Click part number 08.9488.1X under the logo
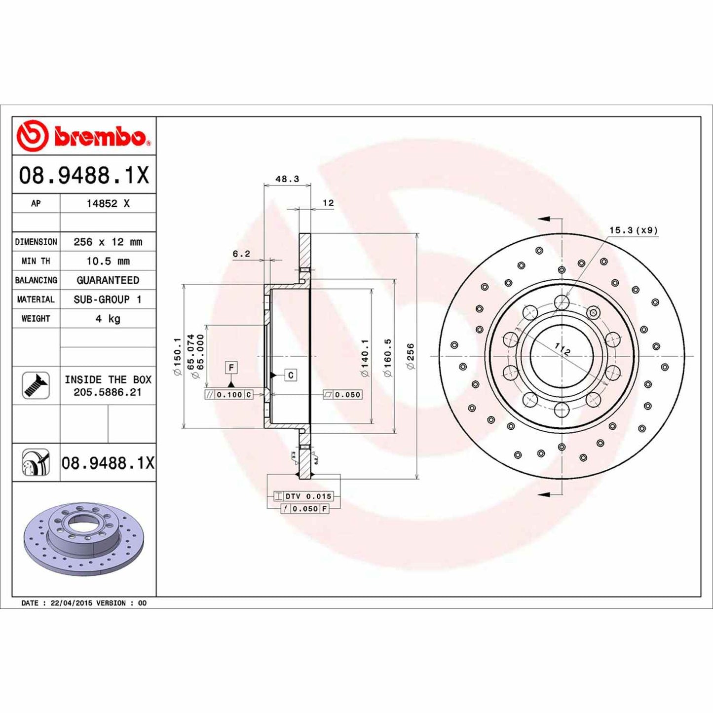pyautogui.click(x=84, y=176)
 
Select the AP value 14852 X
pyautogui.click(x=108, y=203)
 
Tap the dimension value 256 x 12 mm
pyautogui.click(x=108, y=242)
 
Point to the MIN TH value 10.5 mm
pyautogui.click(x=108, y=261)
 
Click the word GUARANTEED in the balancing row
pyautogui.click(x=108, y=280)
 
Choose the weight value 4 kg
pyautogui.click(x=108, y=319)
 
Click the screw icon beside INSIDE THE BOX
pyautogui.click(x=36, y=385)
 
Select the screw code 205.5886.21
pyautogui.click(x=108, y=392)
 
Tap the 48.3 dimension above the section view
pyautogui.click(x=287, y=179)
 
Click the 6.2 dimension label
pyautogui.click(x=241, y=254)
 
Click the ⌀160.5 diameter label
pyautogui.click(x=388, y=357)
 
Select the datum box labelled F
pyautogui.click(x=231, y=368)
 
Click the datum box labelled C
pyautogui.click(x=291, y=375)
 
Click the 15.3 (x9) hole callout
pyautogui.click(x=633, y=230)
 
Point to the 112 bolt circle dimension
pyautogui.click(x=562, y=349)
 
